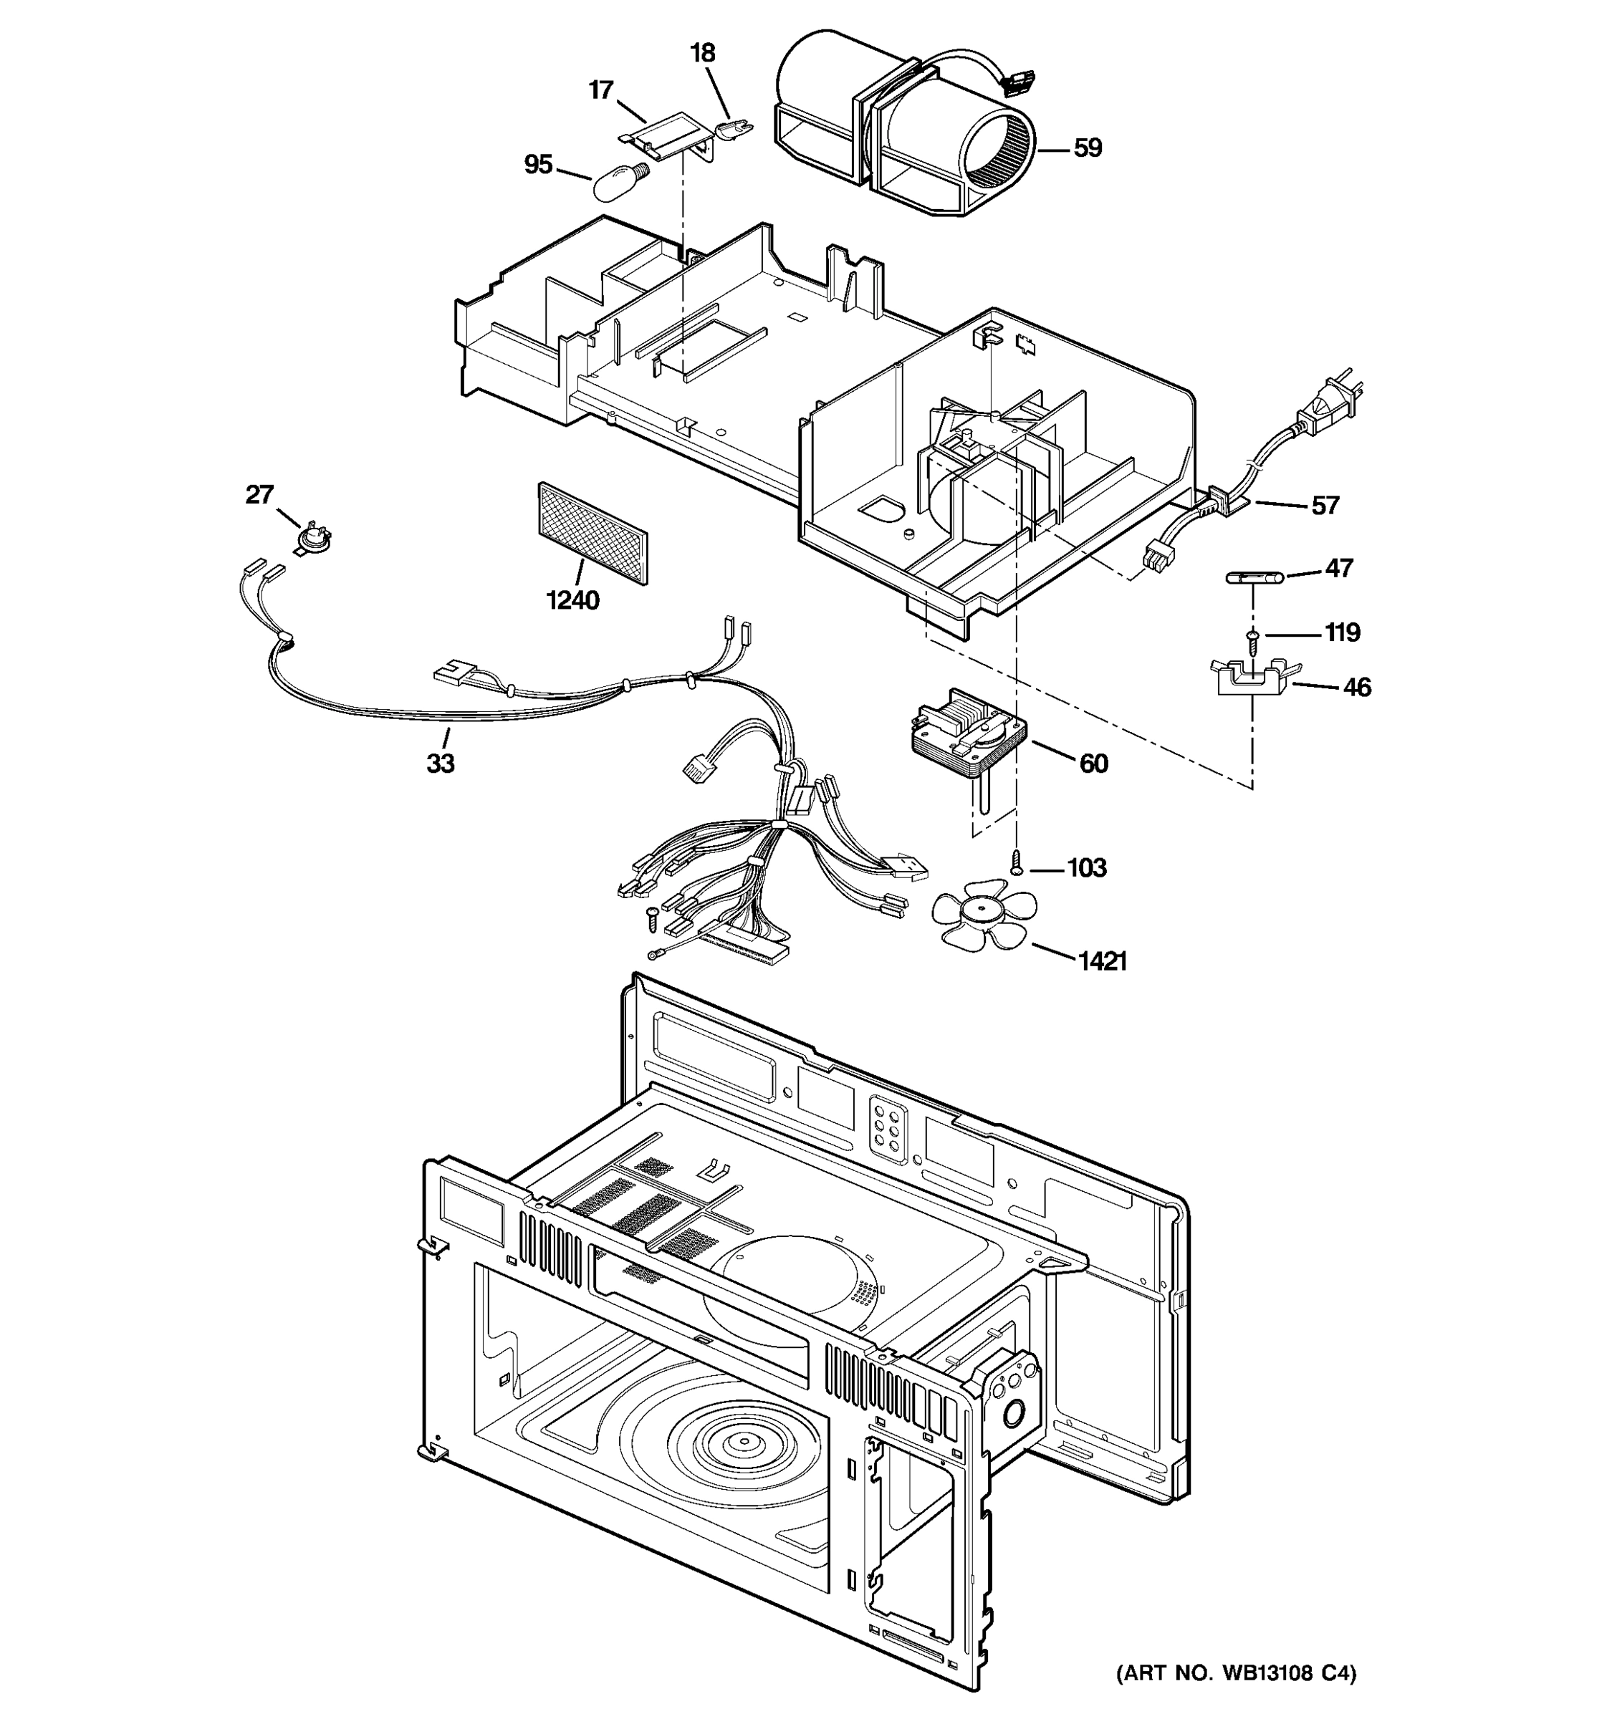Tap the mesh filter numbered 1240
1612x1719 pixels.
click(x=592, y=534)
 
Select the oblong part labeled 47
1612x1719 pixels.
click(x=1252, y=577)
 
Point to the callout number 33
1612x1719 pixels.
click(x=440, y=764)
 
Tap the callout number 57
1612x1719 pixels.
click(x=1325, y=505)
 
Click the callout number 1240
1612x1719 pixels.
click(x=572, y=600)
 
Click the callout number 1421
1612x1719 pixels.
click(x=1102, y=960)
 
